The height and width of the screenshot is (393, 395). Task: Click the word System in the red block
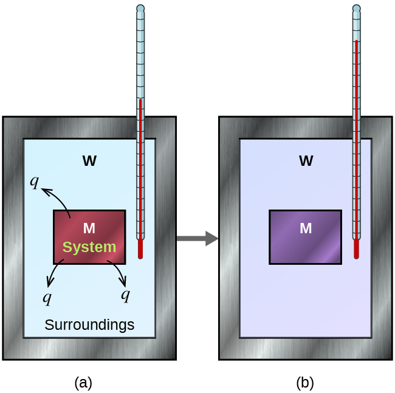(89, 247)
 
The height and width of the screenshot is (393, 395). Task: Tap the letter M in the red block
(89, 228)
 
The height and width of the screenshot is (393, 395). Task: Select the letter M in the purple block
(306, 228)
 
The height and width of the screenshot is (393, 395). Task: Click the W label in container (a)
(89, 161)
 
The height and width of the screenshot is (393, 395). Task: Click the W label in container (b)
(306, 161)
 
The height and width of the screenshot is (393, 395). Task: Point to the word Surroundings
(89, 325)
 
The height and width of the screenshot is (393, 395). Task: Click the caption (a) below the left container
(83, 383)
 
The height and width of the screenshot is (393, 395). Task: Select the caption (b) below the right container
(305, 383)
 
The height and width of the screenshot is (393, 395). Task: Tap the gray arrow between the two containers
(197, 238)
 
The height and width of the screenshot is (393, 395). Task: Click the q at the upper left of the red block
(35, 181)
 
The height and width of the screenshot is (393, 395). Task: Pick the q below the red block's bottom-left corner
(47, 297)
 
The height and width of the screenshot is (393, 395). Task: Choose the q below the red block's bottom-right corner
(125, 295)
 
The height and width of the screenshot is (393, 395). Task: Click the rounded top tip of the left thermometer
(140, 9)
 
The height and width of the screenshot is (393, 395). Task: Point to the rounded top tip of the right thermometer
(356, 9)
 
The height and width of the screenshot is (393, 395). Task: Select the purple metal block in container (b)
(305, 237)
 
